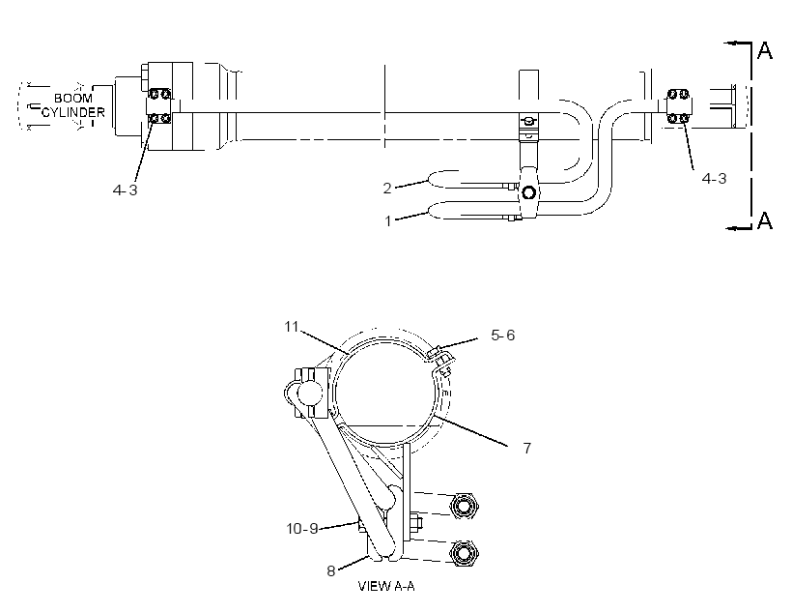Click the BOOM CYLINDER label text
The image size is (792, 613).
73,105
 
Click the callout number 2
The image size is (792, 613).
387,189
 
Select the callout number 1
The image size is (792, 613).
388,221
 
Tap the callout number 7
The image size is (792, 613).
526,448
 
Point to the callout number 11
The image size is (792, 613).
292,327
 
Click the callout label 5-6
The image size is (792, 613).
502,335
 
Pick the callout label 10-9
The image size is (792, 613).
302,529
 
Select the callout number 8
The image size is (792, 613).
331,571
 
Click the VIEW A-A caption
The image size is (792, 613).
386,586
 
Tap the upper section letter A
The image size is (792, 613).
765,50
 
